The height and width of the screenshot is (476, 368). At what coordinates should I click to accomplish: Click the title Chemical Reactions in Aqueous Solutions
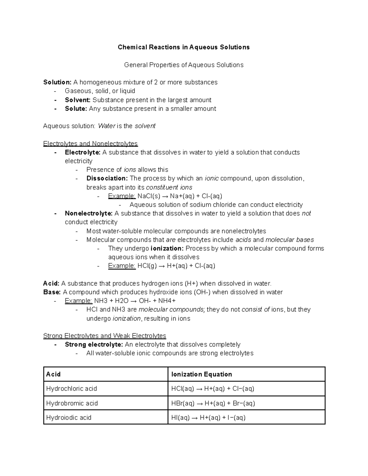[x=184, y=47]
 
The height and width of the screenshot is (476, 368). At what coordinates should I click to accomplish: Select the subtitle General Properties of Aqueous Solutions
[x=184, y=65]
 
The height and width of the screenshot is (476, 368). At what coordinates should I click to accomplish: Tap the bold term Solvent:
[x=78, y=100]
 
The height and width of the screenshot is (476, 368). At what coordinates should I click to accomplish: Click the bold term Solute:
[x=76, y=109]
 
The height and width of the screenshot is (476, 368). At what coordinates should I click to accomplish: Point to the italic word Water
[x=106, y=126]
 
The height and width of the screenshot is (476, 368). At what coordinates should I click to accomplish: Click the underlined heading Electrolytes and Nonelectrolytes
[x=90, y=143]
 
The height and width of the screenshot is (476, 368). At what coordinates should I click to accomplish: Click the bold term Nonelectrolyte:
[x=89, y=213]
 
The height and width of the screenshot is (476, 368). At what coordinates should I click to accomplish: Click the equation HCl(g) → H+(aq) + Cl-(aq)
[x=176, y=266]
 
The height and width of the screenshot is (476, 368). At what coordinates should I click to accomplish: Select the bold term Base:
[x=52, y=292]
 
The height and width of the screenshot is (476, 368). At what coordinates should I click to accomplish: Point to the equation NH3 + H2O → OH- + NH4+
[x=135, y=301]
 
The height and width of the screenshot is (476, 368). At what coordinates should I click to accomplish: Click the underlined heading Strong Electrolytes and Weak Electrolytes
[x=105, y=336]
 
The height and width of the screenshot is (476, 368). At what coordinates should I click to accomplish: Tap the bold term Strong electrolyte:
[x=94, y=345]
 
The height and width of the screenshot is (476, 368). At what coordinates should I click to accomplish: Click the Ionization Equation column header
[x=201, y=374]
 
